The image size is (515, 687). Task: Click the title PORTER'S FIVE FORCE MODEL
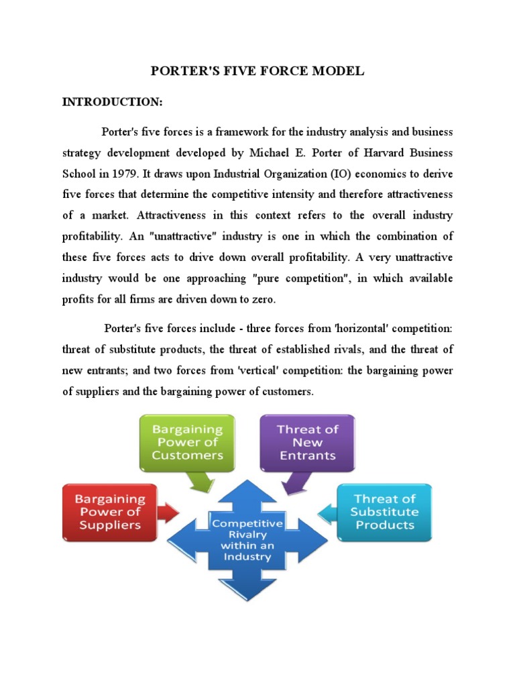pyautogui.click(x=257, y=70)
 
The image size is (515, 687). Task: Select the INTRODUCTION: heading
pyautogui.click(x=112, y=101)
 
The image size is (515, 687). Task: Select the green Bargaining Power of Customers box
pyautogui.click(x=187, y=442)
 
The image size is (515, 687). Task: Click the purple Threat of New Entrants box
pyautogui.click(x=308, y=442)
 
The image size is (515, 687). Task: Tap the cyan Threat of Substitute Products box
pyautogui.click(x=385, y=512)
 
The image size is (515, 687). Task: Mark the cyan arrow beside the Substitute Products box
pyautogui.click(x=327, y=515)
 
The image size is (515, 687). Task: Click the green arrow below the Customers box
pyautogui.click(x=202, y=482)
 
